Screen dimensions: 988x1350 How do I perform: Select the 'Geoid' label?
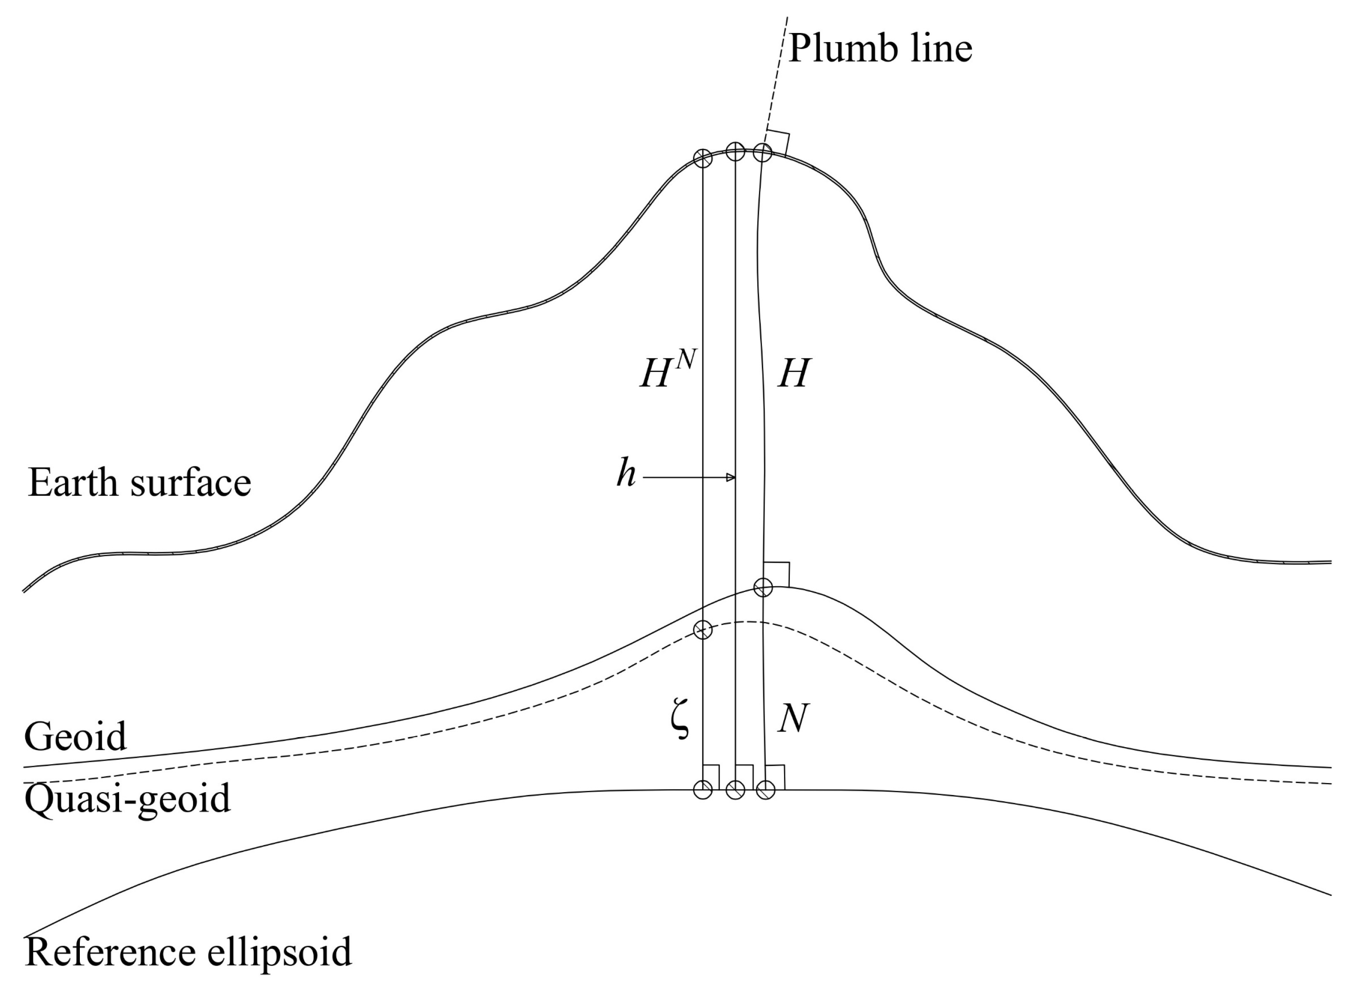click(76, 737)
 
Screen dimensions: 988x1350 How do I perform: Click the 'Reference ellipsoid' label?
click(188, 952)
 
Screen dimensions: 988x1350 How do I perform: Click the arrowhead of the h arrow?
click(730, 477)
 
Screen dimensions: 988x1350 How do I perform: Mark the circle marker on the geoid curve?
click(763, 587)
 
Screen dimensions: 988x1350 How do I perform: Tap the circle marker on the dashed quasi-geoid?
click(703, 630)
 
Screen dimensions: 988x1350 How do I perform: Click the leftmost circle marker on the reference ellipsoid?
click(703, 789)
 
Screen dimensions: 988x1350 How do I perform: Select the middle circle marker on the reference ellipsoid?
click(735, 789)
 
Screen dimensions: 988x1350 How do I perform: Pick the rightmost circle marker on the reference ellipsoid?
click(766, 789)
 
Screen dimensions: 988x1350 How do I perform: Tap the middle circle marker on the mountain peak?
click(735, 151)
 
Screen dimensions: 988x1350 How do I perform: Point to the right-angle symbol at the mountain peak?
click(778, 142)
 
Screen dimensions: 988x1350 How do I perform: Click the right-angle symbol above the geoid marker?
click(777, 574)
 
